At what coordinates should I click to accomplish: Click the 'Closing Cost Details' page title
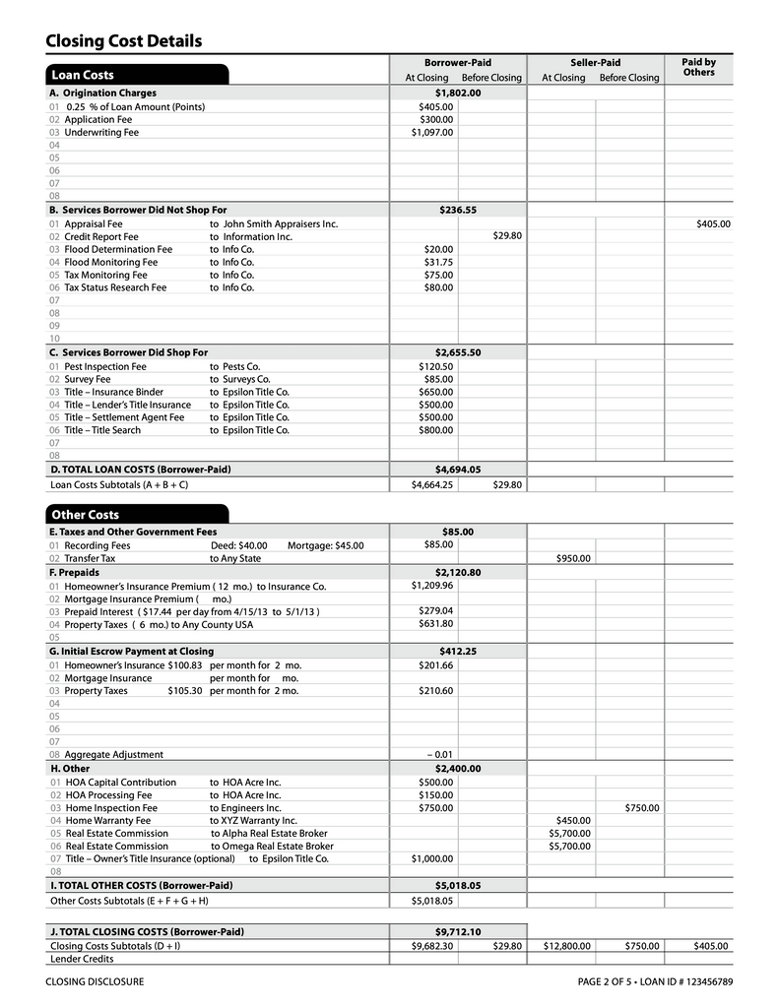(123, 40)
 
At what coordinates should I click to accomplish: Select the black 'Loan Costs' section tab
(83, 75)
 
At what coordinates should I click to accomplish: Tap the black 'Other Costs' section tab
(85, 515)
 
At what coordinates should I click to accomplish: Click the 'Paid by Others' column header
(698, 67)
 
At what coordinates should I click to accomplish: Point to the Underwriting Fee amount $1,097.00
(432, 132)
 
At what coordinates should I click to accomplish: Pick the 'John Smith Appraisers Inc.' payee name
(281, 224)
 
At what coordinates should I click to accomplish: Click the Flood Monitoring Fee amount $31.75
(438, 263)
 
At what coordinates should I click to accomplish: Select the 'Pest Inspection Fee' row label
(105, 366)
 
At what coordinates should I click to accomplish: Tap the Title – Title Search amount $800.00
(435, 430)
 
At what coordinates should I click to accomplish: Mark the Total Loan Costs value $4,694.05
(458, 470)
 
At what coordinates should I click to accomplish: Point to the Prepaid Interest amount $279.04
(435, 610)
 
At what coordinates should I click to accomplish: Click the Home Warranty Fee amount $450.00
(573, 820)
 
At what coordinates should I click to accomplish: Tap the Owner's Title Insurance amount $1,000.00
(432, 858)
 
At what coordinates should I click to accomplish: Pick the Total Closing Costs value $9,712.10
(458, 931)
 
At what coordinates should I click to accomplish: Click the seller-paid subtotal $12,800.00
(567, 946)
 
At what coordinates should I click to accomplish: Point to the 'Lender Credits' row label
(82, 959)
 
